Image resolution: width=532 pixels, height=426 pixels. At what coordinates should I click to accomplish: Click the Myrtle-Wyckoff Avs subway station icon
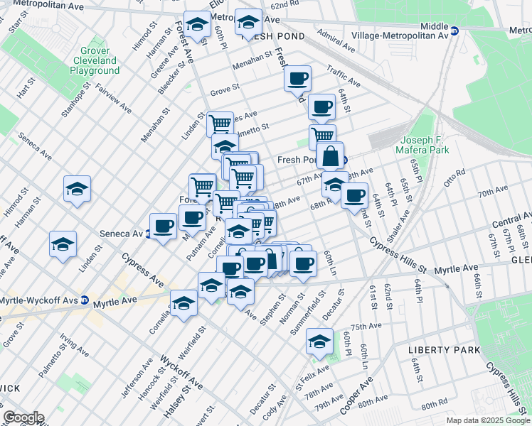(84, 300)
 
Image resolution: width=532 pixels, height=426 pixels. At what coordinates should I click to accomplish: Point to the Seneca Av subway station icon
(148, 234)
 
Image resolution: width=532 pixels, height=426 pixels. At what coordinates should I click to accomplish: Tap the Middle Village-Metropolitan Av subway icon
(455, 31)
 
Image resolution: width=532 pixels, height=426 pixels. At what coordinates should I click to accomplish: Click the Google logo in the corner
(23, 417)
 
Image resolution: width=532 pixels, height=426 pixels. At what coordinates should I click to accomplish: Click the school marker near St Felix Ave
(319, 342)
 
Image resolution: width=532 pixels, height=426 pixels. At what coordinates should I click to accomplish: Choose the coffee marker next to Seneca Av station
(163, 226)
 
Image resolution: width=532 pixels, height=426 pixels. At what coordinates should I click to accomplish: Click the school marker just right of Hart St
(77, 189)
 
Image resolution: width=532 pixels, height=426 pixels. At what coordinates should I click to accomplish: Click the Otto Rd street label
(454, 173)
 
